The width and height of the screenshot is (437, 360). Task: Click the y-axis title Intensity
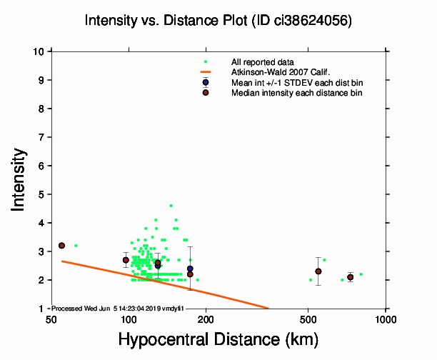(x=20, y=179)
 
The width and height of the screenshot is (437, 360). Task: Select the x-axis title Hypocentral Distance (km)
(x=218, y=338)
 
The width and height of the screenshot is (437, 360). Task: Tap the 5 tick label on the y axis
(x=42, y=194)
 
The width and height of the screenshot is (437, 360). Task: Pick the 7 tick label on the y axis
(x=42, y=137)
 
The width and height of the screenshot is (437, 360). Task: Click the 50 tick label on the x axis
(x=50, y=318)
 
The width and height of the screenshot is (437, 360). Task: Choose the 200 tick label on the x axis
(x=206, y=318)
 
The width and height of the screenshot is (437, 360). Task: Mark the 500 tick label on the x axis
(x=308, y=318)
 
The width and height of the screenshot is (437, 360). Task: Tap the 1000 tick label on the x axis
(x=386, y=318)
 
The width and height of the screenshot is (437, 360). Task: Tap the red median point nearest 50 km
(x=62, y=246)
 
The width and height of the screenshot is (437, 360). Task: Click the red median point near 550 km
(x=318, y=271)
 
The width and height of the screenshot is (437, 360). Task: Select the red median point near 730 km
(x=351, y=277)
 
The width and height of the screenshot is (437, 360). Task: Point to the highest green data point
(x=171, y=206)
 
